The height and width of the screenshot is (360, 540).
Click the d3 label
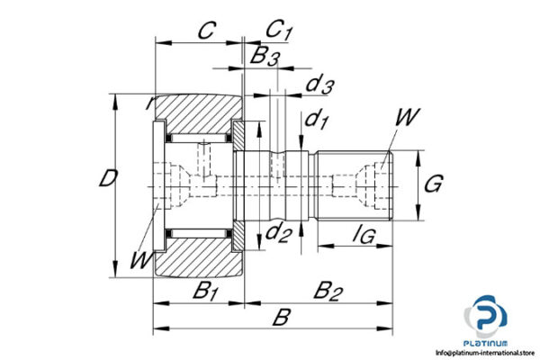pyautogui.click(x=319, y=86)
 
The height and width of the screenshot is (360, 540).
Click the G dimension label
pyautogui.click(x=432, y=185)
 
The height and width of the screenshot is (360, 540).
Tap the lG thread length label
pyautogui.click(x=364, y=237)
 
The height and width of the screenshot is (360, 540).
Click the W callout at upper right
pyautogui.click(x=407, y=117)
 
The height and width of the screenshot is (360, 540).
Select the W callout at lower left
pyautogui.click(x=139, y=261)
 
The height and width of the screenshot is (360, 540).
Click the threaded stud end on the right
pyautogui.click(x=360, y=184)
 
